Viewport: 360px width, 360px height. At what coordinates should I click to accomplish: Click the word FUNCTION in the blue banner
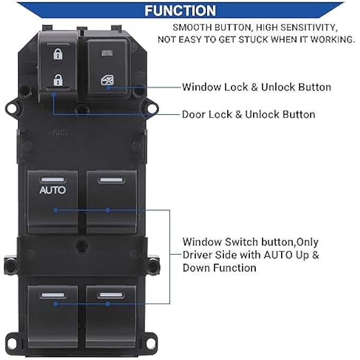180,11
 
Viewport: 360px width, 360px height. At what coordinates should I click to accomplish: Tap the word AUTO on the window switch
52,190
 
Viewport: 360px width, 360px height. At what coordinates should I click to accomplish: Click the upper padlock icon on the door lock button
58,54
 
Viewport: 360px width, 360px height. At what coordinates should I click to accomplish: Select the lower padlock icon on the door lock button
58,80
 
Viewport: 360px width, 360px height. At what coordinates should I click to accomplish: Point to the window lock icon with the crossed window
107,80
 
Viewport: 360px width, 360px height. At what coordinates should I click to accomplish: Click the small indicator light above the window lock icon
107,53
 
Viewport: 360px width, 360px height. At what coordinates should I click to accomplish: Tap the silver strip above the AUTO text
52,180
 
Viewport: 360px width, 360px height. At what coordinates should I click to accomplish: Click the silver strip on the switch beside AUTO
111,180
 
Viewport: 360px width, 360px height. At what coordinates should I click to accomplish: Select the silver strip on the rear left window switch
52,295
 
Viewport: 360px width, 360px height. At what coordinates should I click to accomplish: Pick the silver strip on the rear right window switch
111,295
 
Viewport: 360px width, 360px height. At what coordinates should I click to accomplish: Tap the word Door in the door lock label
194,114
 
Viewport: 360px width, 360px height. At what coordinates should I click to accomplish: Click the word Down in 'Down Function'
196,268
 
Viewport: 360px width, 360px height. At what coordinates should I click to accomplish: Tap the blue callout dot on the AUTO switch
56,210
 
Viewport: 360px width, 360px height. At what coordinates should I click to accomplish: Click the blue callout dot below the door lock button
53,94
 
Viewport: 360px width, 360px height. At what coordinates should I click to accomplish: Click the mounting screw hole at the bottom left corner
11,343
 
